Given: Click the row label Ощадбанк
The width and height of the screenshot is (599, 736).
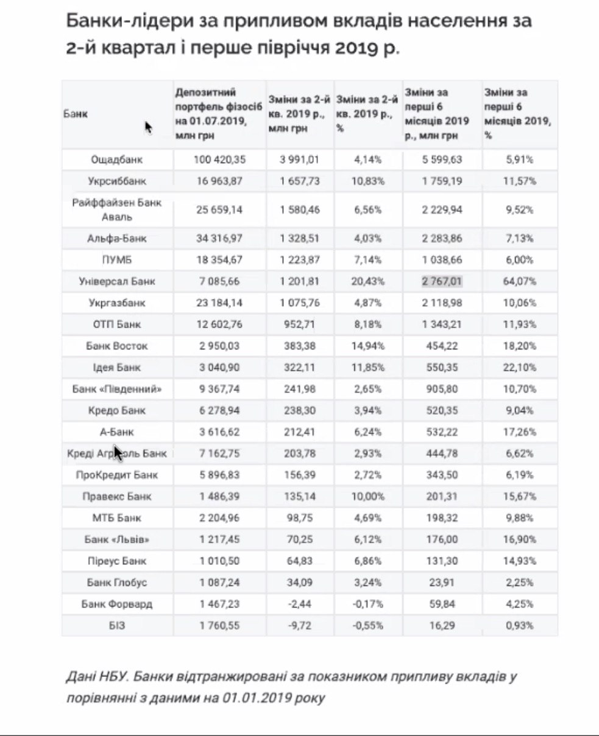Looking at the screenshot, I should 116,160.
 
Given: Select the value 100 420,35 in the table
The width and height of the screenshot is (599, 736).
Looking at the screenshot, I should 219,160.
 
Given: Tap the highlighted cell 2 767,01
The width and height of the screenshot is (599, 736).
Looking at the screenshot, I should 442,282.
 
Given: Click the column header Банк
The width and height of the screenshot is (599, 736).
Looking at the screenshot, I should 76,114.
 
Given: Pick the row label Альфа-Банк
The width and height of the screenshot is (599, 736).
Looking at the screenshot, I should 116,239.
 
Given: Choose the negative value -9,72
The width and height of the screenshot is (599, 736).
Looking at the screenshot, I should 300,625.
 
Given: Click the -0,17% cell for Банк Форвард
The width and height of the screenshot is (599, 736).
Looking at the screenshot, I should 368,604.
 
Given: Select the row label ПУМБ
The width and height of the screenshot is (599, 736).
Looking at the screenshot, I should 116,260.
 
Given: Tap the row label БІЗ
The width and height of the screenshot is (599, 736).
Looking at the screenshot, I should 116,625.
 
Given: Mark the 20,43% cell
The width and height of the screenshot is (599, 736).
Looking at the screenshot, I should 368,282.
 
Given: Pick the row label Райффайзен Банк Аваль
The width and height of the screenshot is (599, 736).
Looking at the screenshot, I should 116,209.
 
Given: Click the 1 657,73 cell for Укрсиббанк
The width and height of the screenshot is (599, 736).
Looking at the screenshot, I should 300,181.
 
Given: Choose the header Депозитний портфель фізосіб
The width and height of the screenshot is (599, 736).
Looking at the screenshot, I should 210,98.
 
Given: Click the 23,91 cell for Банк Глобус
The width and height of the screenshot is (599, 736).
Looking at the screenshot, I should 442,583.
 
